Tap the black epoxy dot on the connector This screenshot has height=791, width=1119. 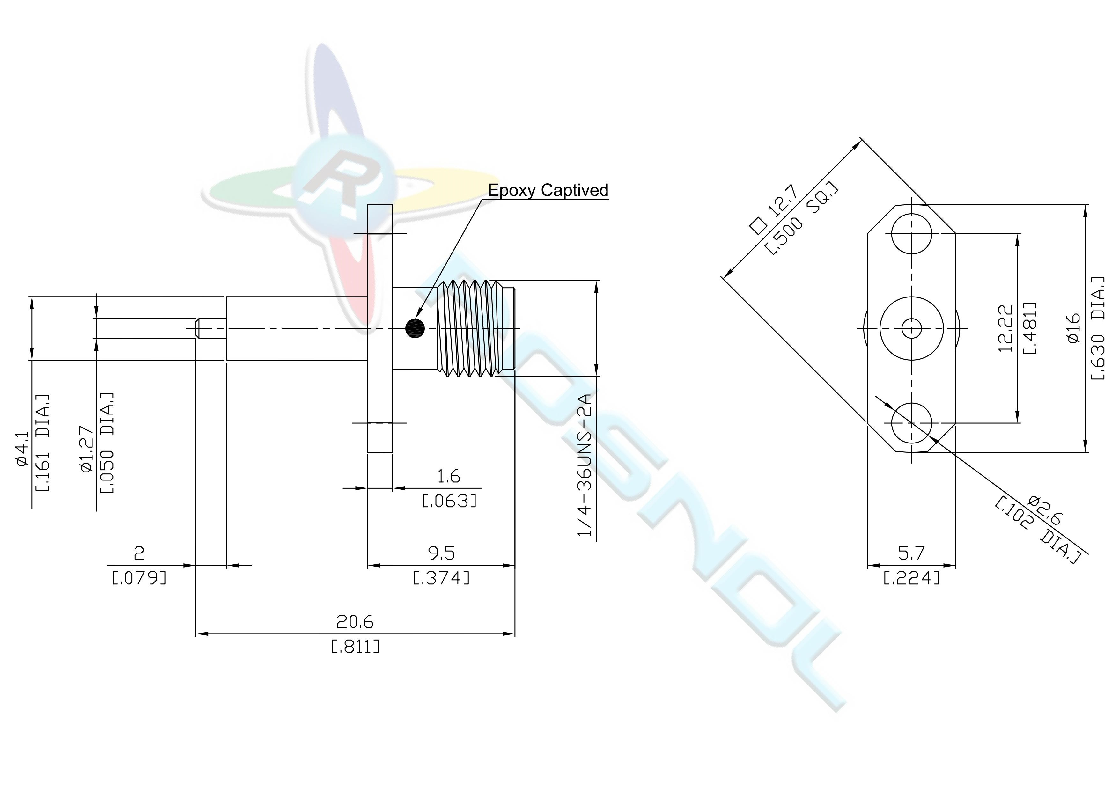415,328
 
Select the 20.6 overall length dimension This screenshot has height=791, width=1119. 355,622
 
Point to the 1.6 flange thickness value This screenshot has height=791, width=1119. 448,476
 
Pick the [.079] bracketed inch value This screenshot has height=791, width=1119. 139,579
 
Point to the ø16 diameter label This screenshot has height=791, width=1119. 1075,328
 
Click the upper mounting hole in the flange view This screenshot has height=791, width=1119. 911,234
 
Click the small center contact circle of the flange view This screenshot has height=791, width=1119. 911,328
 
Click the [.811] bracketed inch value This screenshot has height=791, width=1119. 355,647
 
